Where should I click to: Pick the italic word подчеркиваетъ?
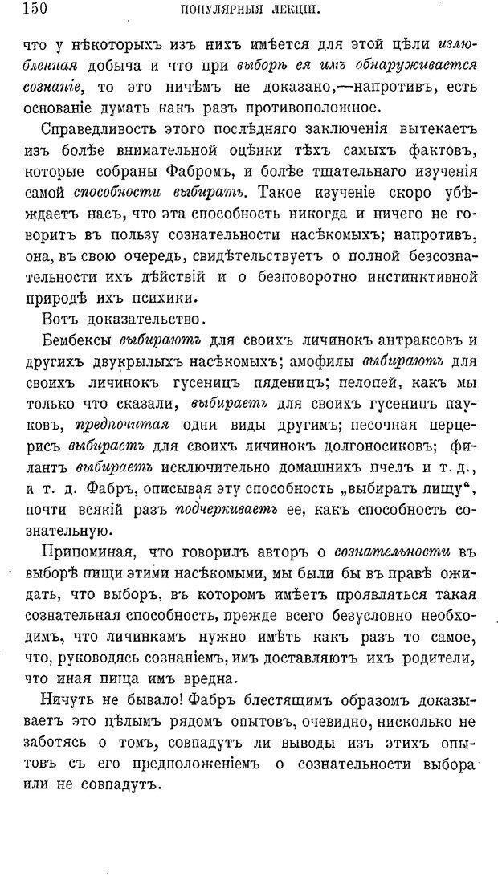[220, 511]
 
